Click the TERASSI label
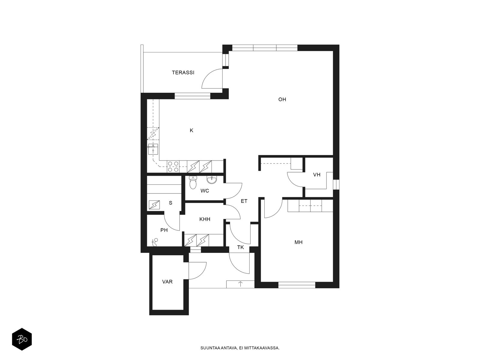coord(183,73)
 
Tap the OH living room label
coord(282,100)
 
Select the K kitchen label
coord(191,130)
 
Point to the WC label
coord(205,191)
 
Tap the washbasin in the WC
coord(211,180)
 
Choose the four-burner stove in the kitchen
coord(173,166)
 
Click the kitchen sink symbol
coord(153,149)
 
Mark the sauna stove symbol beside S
coord(154,205)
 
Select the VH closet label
coord(316,175)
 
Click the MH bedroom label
coord(298,242)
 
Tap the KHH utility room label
coord(205,219)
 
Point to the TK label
coord(241,247)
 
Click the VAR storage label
coord(167,282)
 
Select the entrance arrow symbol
coord(240,284)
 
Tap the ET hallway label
coord(244,201)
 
